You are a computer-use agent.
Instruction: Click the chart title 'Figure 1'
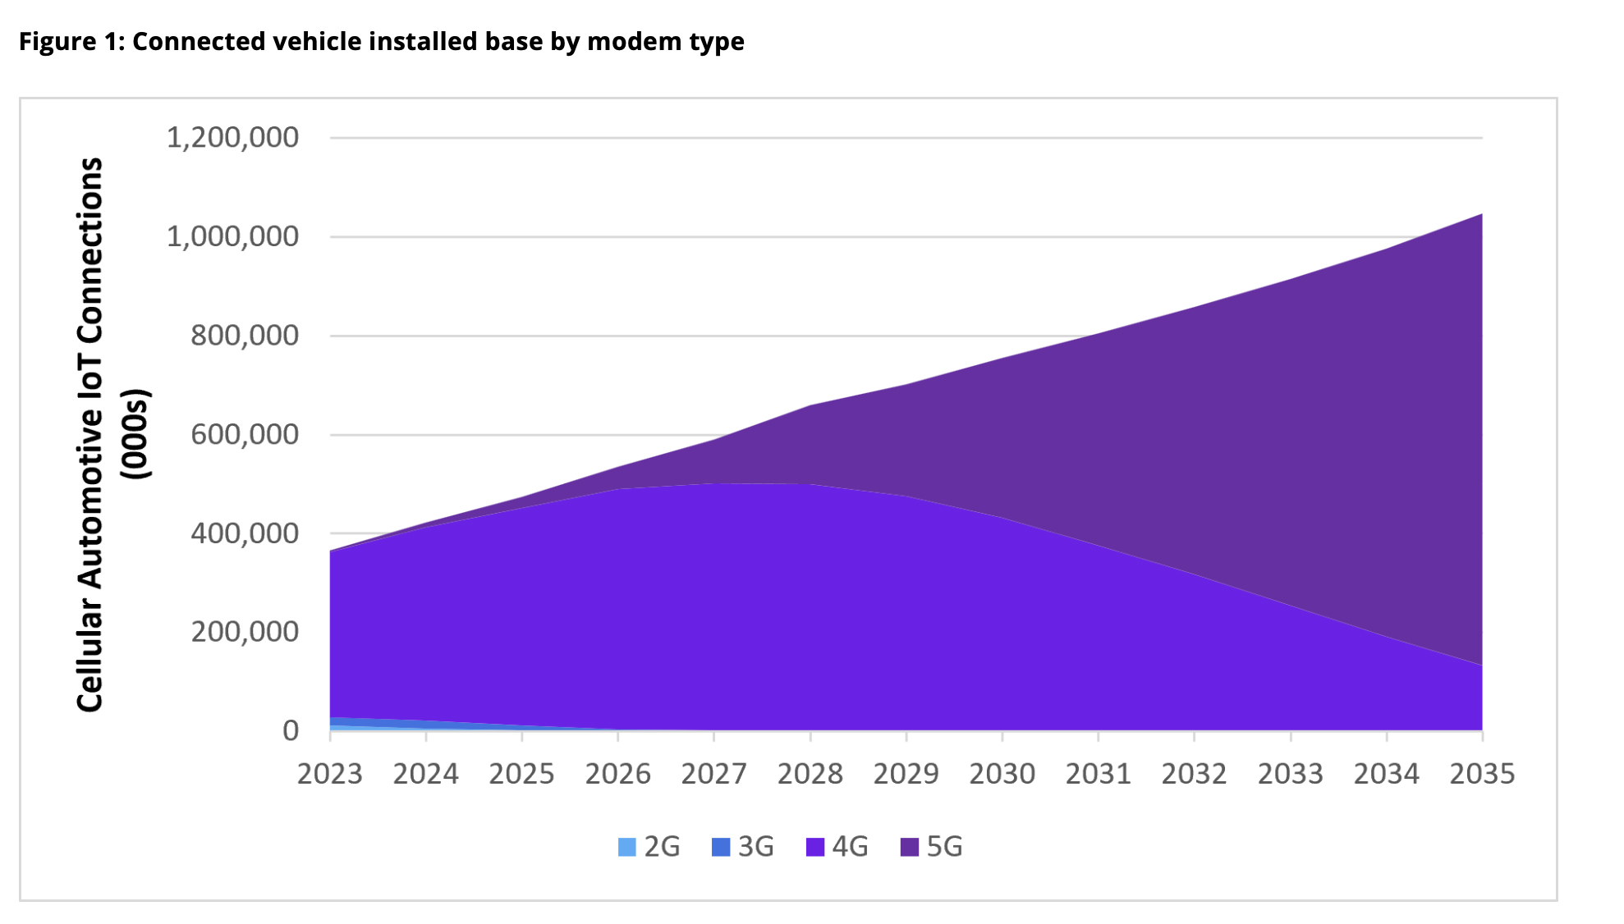(71, 41)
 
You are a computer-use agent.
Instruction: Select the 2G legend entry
(649, 846)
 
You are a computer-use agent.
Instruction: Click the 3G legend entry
(743, 846)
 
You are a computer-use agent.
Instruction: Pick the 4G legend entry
(837, 846)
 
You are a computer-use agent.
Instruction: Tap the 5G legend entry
(932, 846)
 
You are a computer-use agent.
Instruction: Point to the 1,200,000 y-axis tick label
(232, 137)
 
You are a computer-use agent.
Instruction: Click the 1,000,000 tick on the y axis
(232, 236)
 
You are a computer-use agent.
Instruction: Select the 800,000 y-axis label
(245, 336)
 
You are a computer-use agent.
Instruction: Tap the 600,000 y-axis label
(245, 434)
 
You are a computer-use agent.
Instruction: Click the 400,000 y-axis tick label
(245, 533)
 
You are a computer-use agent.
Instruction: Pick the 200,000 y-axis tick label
(245, 632)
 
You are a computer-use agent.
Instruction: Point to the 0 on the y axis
(291, 730)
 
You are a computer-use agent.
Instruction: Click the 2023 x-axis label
(330, 774)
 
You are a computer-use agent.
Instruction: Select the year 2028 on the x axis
(810, 774)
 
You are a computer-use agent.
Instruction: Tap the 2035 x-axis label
(1482, 774)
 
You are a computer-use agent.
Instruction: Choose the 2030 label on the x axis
(1002, 774)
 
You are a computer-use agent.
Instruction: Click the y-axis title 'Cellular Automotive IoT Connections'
(90, 434)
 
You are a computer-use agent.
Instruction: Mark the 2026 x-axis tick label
(618, 774)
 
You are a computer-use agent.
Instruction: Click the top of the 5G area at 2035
(1482, 214)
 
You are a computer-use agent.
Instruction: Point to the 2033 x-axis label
(1291, 774)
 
